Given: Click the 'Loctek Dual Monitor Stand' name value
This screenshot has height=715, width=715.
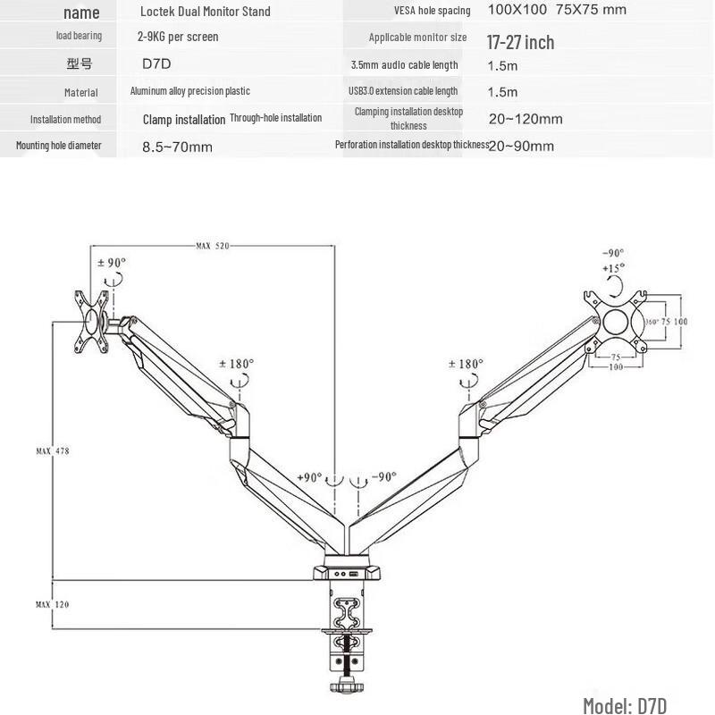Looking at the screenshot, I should [x=205, y=12].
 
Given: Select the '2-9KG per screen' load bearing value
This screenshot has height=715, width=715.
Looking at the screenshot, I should [x=178, y=37].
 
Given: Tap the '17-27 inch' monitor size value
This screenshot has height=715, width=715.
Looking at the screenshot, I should [x=520, y=42].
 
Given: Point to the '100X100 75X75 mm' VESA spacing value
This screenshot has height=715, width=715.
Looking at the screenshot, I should [x=557, y=10].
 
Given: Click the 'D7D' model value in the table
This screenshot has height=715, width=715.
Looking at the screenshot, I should [x=156, y=64].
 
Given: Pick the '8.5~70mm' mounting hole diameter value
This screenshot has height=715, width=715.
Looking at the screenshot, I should [x=177, y=147].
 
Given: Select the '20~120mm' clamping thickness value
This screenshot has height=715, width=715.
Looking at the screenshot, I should [x=525, y=119].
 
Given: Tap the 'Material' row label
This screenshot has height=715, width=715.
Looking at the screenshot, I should [x=81, y=92].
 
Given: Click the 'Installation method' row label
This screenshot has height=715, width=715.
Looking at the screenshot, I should [x=65, y=119].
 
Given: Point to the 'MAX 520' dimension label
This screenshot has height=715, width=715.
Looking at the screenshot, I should [x=212, y=246].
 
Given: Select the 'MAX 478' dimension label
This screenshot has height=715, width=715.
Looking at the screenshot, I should [x=52, y=451].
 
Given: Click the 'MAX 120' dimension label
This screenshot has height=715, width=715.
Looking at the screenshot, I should [x=52, y=605].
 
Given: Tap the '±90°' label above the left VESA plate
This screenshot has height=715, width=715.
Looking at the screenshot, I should [x=112, y=263].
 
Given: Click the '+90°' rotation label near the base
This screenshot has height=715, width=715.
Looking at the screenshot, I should [x=309, y=477].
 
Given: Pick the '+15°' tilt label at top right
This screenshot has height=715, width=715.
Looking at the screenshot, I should [x=613, y=267].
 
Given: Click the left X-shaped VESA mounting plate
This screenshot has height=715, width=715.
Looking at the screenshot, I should [x=92, y=321].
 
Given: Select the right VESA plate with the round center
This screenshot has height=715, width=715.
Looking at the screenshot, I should [x=617, y=321].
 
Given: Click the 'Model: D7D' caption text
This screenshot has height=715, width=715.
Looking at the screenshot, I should [x=625, y=705].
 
